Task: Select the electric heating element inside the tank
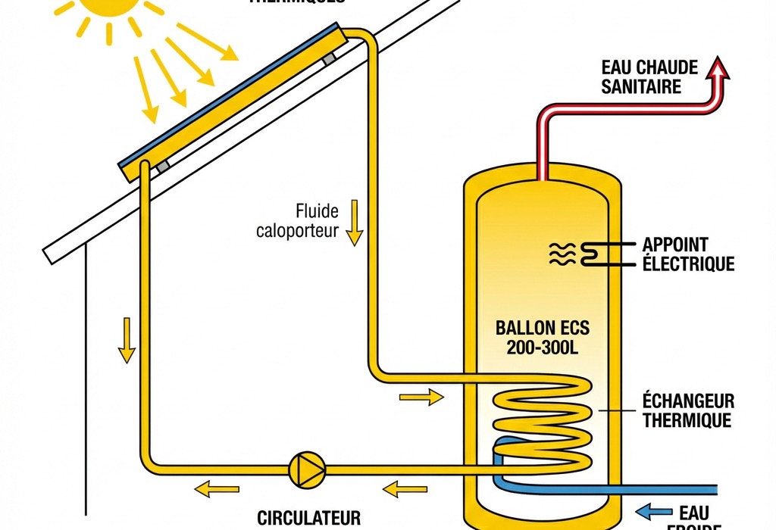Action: point(592,254)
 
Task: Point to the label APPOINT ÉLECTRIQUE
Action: point(687,254)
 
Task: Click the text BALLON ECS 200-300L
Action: point(541,338)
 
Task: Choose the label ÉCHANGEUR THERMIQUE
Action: point(688,410)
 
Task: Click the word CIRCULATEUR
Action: point(308,519)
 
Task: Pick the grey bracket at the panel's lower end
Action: point(161,166)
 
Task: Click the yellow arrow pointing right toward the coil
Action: point(420,396)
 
